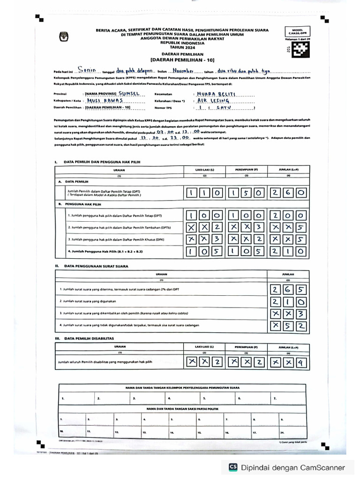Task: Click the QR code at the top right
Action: click(300, 49)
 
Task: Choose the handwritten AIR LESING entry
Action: click(213, 100)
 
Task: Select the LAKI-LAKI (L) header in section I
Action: click(204, 170)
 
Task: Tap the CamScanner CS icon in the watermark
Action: click(232, 467)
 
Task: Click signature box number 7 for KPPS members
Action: click(291, 399)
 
